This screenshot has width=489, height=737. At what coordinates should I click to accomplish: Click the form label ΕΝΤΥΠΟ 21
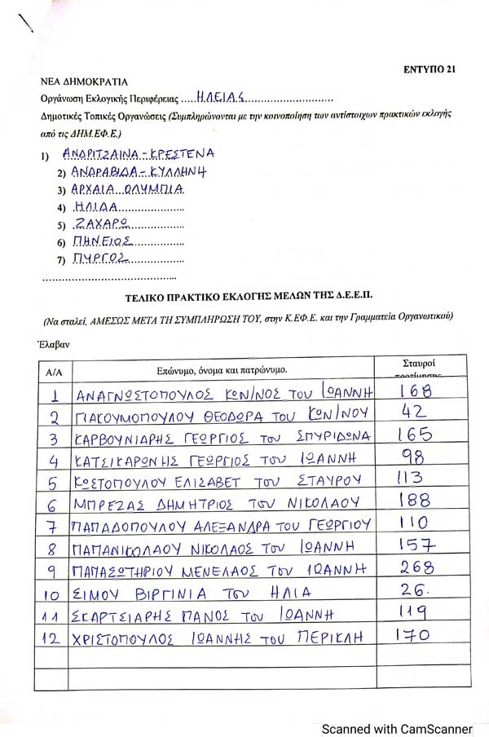429,68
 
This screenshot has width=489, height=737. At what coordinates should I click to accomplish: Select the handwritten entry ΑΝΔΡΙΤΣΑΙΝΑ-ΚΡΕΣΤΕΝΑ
138,153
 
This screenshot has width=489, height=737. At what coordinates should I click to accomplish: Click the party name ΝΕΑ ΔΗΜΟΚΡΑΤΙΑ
85,82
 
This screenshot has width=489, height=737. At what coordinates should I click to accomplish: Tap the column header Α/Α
55,372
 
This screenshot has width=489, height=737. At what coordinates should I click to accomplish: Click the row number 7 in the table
54,523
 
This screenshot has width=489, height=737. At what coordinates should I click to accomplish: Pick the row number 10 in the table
54,591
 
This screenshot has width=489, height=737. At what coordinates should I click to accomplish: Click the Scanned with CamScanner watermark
396,728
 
